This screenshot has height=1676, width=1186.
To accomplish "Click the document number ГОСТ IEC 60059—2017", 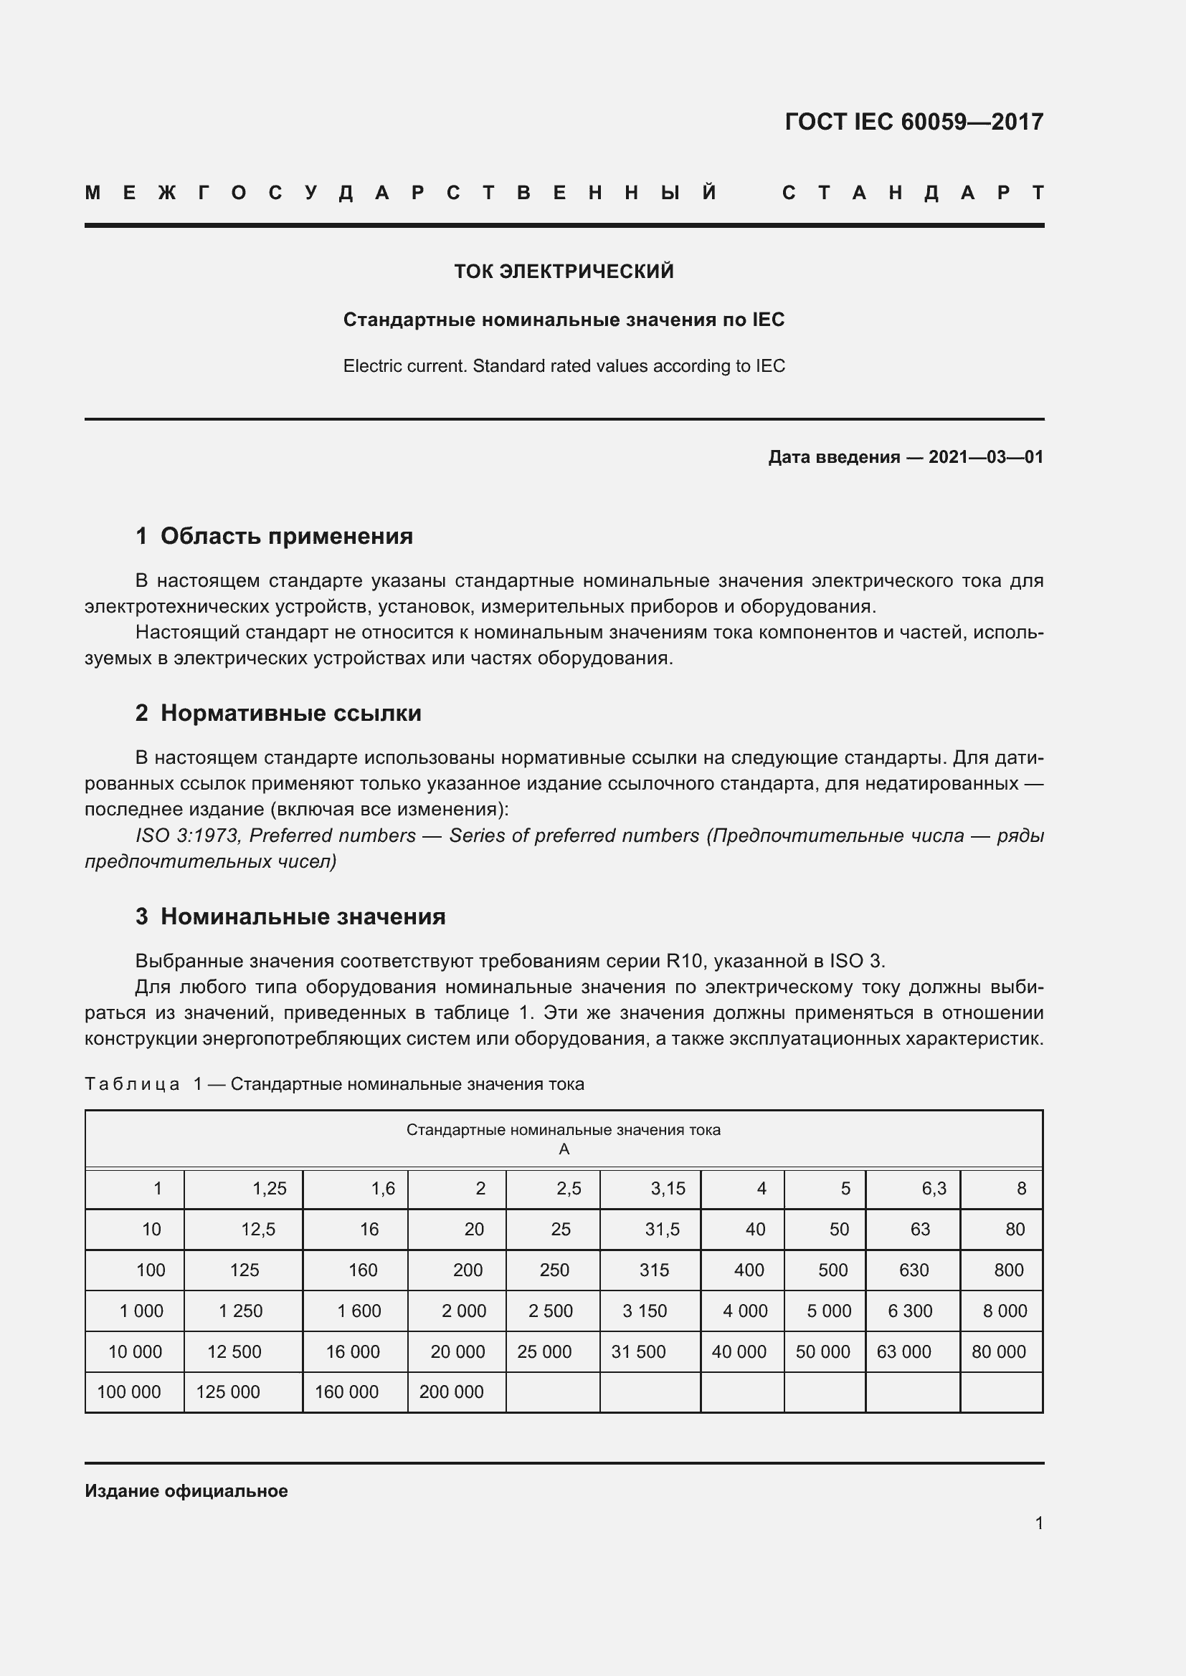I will (x=914, y=121).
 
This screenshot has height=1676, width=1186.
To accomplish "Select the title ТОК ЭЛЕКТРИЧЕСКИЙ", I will (x=564, y=272).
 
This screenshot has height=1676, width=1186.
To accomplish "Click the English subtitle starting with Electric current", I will (x=564, y=365).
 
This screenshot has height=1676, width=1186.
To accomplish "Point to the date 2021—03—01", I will (x=985, y=457).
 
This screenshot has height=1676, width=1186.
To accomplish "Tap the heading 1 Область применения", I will (x=274, y=536).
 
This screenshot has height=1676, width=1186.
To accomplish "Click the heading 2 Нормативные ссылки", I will (x=278, y=712).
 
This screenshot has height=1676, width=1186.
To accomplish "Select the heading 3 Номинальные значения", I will (x=290, y=916).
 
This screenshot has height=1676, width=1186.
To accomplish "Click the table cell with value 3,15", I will (x=668, y=1188).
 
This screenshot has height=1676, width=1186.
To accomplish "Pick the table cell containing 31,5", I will (x=662, y=1230).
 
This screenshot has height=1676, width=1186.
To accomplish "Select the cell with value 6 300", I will (x=910, y=1311).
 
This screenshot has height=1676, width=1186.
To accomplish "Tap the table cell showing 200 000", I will (x=450, y=1392).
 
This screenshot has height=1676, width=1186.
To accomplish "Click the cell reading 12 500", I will (x=234, y=1351).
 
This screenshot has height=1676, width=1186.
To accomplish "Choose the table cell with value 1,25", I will (x=269, y=1188).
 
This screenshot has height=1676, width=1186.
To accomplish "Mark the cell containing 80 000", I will (x=998, y=1351).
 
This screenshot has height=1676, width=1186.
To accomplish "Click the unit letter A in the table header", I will (x=563, y=1149).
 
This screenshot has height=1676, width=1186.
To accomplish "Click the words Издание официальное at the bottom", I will (x=186, y=1490).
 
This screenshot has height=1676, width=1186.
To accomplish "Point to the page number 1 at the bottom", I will (x=1038, y=1523).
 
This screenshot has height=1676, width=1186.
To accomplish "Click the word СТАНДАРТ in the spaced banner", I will (x=913, y=193).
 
